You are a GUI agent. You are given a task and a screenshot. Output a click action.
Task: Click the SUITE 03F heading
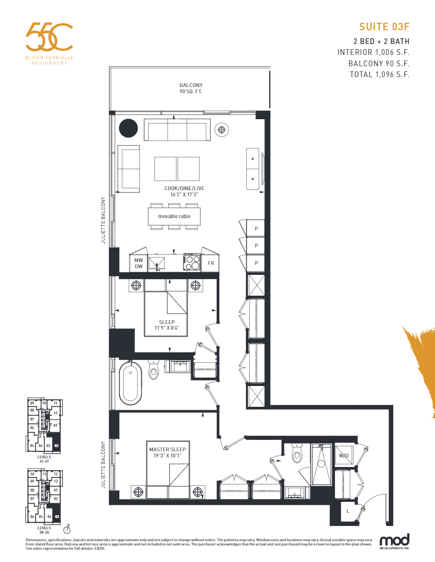pyautogui.click(x=384, y=26)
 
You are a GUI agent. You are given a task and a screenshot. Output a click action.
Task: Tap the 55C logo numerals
pyautogui.click(x=49, y=37)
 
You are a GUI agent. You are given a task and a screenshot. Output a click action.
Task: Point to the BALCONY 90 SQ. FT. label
pyautogui.click(x=190, y=88)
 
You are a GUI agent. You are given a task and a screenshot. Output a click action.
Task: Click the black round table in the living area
pyautogui.click(x=128, y=128)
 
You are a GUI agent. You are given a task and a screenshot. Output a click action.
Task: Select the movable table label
pyautogui.click(x=174, y=216)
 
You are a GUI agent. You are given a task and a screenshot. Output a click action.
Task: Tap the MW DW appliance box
pyautogui.click(x=138, y=263)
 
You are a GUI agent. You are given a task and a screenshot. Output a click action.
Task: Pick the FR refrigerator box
pyautogui.click(x=211, y=263)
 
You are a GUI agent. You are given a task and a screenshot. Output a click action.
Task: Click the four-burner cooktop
pyautogui.click(x=192, y=263)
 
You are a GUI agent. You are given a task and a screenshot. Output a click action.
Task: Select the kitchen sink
pyautogui.click(x=156, y=263)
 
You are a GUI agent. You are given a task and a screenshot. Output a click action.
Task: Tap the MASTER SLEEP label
pyautogui.click(x=167, y=452)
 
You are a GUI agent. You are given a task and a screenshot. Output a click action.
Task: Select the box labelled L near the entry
pyautogui.click(x=348, y=511)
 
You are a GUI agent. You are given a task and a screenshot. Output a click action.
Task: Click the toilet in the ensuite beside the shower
pyautogui.click(x=298, y=455)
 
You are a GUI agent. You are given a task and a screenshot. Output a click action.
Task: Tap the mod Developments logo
pyautogui.click(x=394, y=542)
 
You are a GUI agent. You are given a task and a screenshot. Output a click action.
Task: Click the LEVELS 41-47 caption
pyautogui.click(x=44, y=459)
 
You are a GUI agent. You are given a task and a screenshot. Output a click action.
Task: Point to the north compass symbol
pyautogui.click(x=67, y=529)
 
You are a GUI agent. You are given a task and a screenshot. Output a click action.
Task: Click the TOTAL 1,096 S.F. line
pyautogui.click(x=380, y=74)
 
